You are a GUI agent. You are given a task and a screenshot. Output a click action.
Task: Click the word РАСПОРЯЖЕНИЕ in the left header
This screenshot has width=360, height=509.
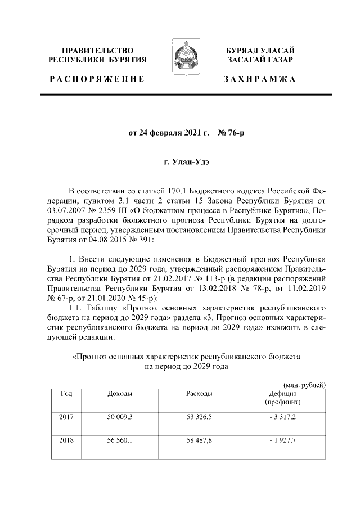pyautogui.click(x=96, y=79)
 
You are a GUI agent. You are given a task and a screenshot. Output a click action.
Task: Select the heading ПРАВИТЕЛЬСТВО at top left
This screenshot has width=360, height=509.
pyautogui.click(x=97, y=51)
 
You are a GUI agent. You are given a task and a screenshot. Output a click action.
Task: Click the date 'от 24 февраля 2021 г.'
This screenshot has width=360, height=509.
pyautogui.click(x=169, y=134)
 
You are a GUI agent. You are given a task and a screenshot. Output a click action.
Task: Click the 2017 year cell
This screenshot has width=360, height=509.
pyautogui.click(x=66, y=417)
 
